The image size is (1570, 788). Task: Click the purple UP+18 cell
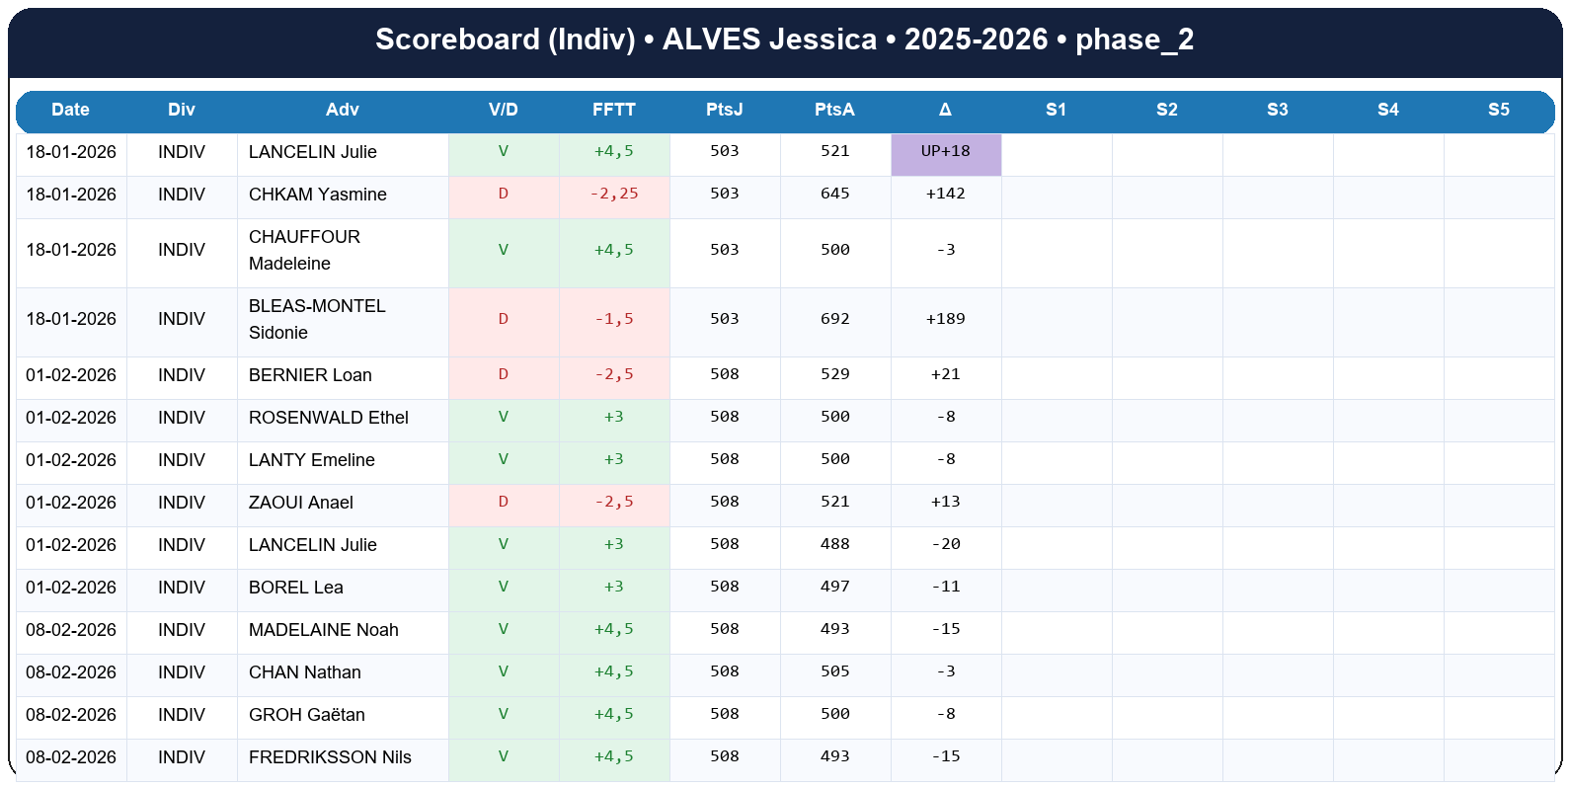click(945, 152)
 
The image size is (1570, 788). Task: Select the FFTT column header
click(613, 110)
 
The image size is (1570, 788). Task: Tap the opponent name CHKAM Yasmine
click(317, 195)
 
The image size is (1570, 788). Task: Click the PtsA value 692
click(834, 319)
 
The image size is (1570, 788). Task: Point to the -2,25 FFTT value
click(613, 194)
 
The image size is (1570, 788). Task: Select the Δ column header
click(945, 110)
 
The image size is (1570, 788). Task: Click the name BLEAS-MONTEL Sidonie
click(317, 319)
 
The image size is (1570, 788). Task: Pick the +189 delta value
click(945, 319)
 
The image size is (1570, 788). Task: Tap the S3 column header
click(1277, 110)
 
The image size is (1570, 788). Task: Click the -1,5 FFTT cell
click(613, 319)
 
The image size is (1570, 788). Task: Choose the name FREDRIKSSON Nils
click(330, 757)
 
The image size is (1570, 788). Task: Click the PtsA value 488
click(834, 544)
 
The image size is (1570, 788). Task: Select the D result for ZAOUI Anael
click(503, 502)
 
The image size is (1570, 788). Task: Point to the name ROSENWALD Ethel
click(328, 418)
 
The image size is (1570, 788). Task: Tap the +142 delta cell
click(945, 194)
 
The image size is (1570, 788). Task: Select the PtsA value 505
click(834, 671)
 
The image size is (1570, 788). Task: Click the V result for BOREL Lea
click(503, 587)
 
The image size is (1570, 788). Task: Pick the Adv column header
click(342, 110)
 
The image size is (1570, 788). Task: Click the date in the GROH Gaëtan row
click(71, 715)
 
